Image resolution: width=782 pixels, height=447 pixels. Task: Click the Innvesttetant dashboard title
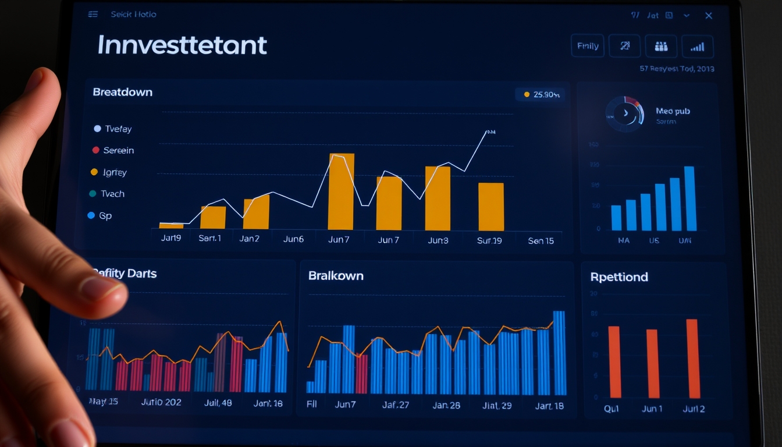click(182, 45)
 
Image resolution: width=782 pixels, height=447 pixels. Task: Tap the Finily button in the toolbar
click(588, 47)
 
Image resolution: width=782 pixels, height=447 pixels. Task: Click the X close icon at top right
click(709, 16)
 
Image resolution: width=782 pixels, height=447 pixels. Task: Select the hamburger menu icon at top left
click(93, 15)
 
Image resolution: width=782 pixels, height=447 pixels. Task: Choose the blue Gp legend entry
click(99, 215)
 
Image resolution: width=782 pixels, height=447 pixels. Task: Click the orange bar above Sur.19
click(491, 207)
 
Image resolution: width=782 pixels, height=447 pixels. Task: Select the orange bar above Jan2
click(256, 212)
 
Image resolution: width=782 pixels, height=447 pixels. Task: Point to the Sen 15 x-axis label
click(541, 240)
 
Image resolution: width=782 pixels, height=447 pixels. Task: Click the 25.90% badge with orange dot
click(541, 94)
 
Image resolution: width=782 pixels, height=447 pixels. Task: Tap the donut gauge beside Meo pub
click(625, 112)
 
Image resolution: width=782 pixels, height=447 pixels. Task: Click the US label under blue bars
click(653, 240)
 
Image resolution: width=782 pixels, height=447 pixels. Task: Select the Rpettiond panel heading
click(619, 277)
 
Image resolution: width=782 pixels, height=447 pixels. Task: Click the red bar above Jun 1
click(653, 363)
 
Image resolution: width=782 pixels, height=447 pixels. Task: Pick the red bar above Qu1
click(614, 361)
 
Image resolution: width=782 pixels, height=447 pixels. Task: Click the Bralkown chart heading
click(336, 276)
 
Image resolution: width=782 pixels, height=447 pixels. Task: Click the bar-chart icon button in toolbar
click(697, 47)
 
